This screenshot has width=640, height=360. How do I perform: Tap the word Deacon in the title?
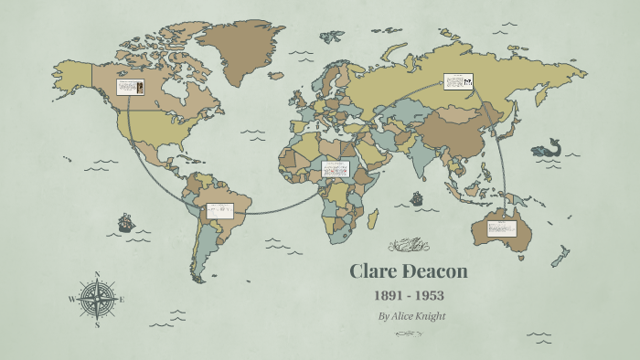click(434, 271)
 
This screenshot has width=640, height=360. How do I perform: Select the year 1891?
click(389, 296)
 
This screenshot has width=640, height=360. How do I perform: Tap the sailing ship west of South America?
click(125, 222)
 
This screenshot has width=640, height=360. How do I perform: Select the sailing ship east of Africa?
click(417, 196)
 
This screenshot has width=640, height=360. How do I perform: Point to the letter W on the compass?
click(72, 299)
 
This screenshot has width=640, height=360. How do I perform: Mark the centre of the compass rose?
click(97, 299)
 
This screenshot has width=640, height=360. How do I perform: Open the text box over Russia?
click(458, 82)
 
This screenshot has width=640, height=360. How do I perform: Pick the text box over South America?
click(219, 210)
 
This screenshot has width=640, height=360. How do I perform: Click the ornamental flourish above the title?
click(409, 244)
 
